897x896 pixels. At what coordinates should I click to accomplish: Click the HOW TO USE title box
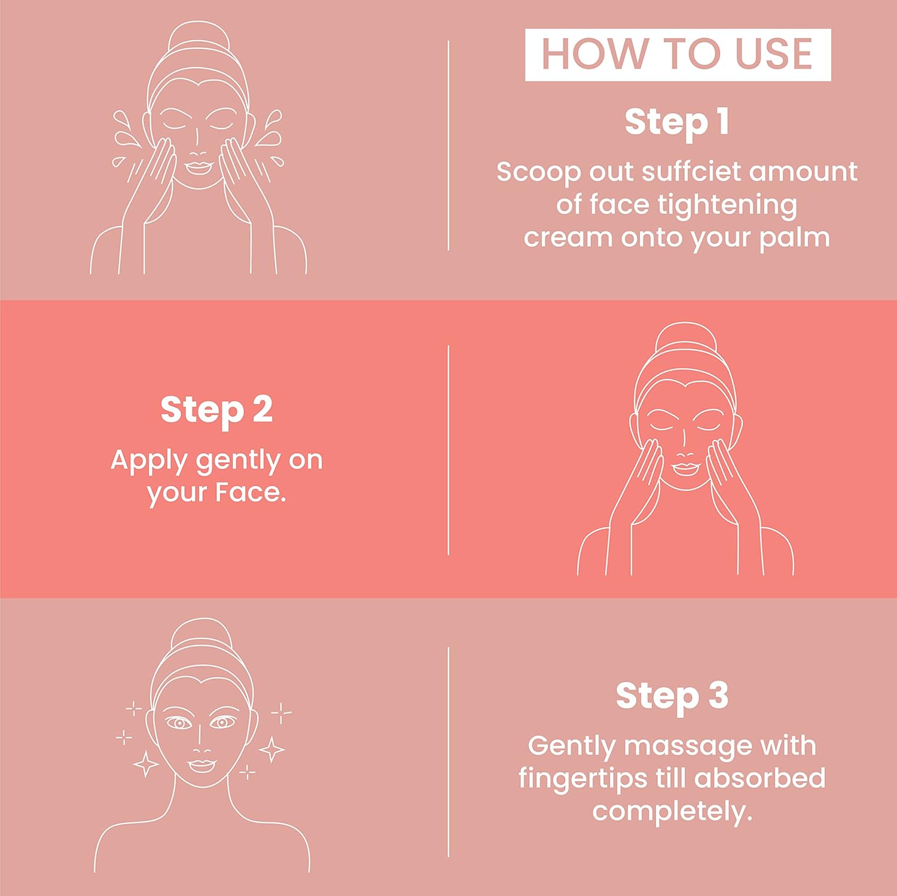[678, 54]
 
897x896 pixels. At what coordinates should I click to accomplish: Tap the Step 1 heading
[677, 123]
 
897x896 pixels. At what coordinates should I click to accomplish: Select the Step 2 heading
[216, 411]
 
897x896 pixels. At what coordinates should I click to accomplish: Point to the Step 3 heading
[672, 696]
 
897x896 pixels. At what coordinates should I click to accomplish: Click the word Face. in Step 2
[251, 493]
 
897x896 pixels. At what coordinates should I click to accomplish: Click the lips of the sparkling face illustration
[202, 766]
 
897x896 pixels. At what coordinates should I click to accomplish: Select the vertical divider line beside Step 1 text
[448, 145]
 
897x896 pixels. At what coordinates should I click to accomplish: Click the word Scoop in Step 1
[539, 173]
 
